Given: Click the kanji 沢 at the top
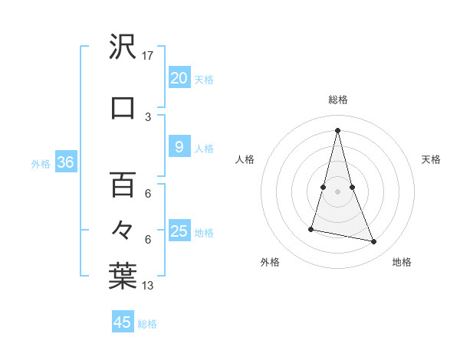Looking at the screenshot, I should point(123,48).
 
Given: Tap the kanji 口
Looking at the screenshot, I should point(123,106).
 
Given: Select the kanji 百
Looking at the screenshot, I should point(123,184).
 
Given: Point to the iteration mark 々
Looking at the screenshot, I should point(123,231).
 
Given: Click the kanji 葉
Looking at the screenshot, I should point(123,277).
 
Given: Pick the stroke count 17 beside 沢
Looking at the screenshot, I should point(148,56).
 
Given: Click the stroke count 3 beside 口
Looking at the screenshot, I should point(148,116).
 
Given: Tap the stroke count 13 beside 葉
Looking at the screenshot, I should point(148,286).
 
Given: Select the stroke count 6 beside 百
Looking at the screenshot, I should point(148,194).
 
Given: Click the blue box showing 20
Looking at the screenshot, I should point(179,78).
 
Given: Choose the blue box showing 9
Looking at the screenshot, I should point(179,148).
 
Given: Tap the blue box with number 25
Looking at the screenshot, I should point(179,231).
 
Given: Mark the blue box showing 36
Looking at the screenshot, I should point(65,162).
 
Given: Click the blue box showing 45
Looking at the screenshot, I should point(123,322).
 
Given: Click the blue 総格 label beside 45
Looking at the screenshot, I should point(147,324).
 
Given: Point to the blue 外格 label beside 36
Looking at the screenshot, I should point(41,164).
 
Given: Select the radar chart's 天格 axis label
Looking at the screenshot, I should point(431,159).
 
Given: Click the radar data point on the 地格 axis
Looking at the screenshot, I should point(374,242).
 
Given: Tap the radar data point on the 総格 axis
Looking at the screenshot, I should point(337,130).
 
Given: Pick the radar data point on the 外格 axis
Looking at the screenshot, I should point(311,228).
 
